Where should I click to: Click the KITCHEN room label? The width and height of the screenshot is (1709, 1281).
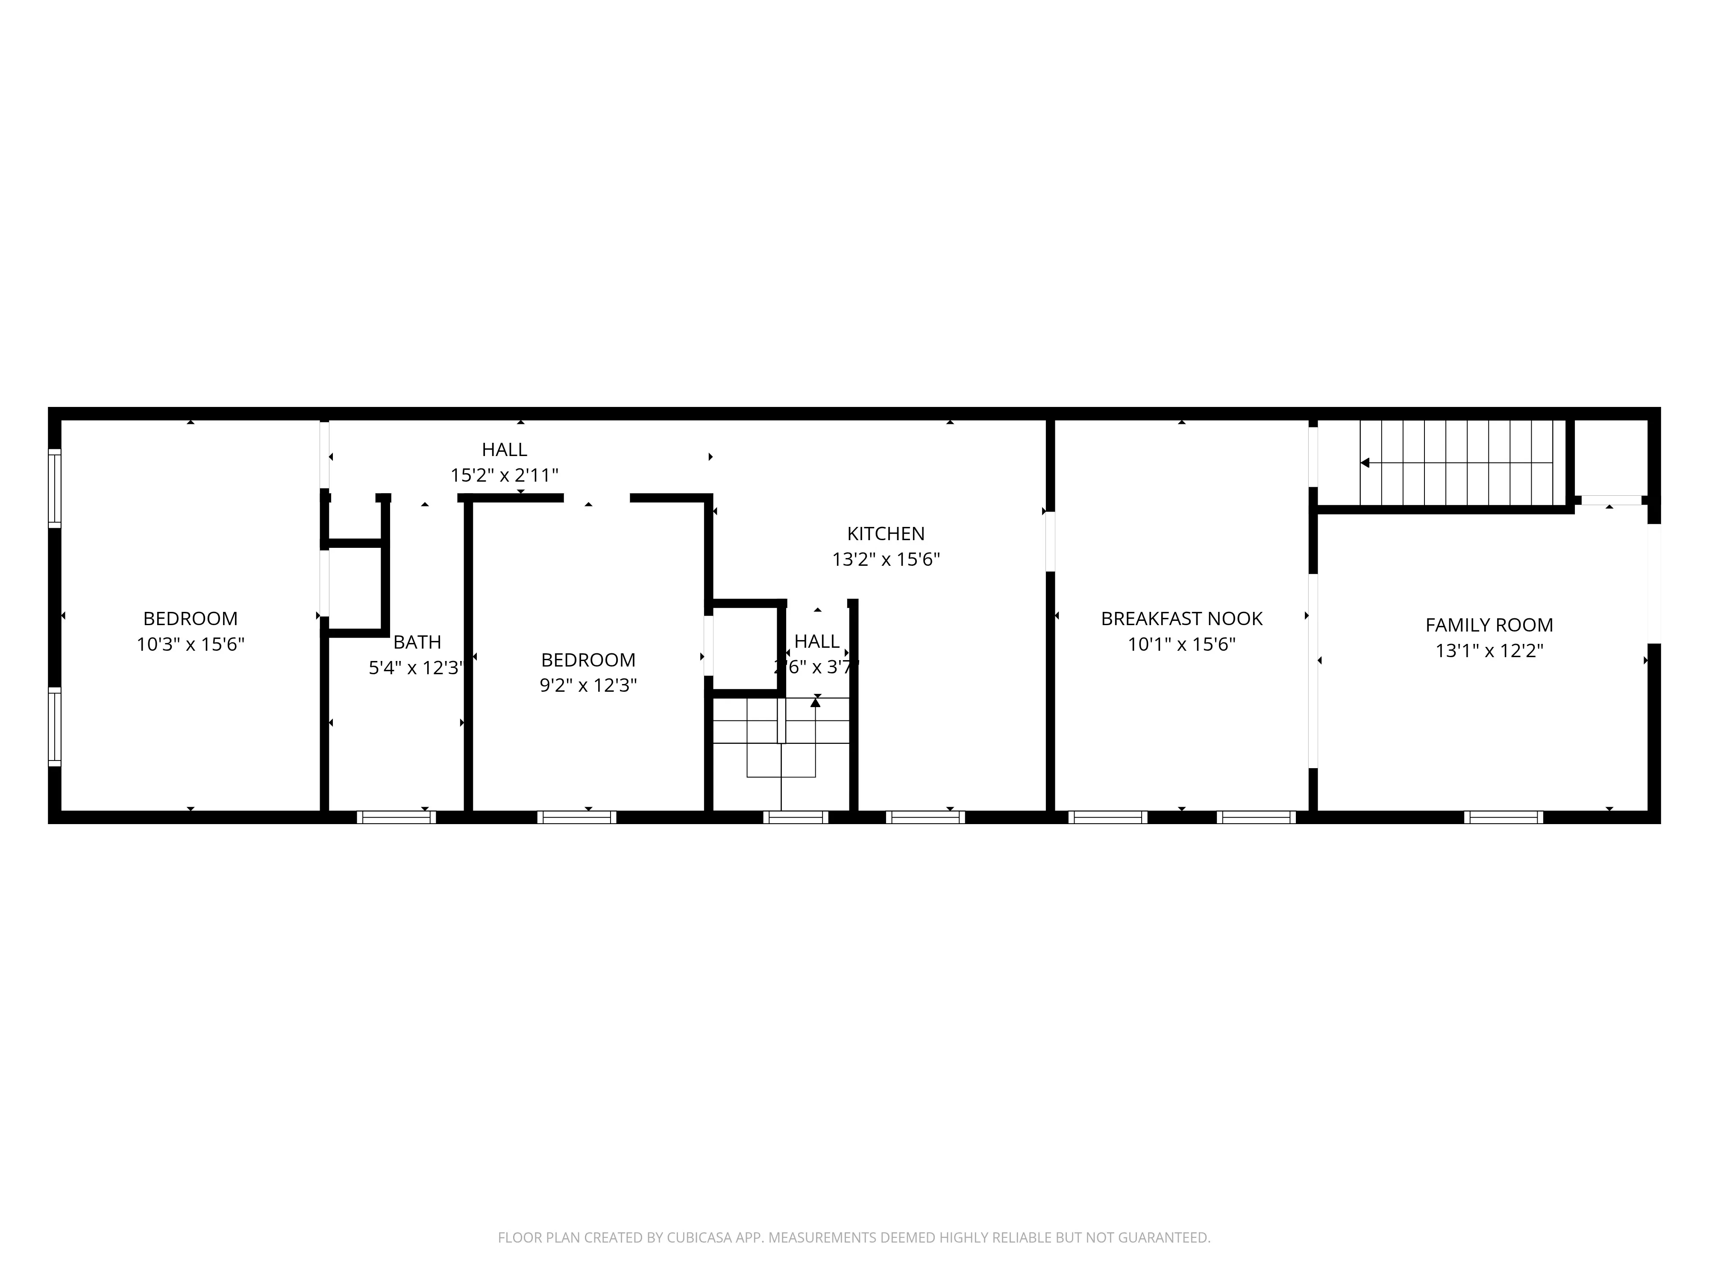coord(885,534)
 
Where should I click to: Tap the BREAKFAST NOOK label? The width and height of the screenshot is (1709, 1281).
coord(1181,618)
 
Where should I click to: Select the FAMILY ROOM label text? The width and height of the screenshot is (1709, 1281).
coord(1489,625)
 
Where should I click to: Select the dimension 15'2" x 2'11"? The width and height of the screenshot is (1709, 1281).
coord(505,475)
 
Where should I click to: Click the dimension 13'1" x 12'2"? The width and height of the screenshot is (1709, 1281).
coord(1489,651)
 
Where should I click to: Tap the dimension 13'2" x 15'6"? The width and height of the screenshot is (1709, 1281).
coord(885,559)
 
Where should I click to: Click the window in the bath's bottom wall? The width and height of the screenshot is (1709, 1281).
coord(396,817)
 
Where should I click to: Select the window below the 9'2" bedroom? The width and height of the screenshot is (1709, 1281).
coord(577,817)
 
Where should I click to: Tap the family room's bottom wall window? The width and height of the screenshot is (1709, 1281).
coord(1503,817)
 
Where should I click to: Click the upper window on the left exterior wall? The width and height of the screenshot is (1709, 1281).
coord(54,488)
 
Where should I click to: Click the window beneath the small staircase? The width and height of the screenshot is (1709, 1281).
coord(796,817)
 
